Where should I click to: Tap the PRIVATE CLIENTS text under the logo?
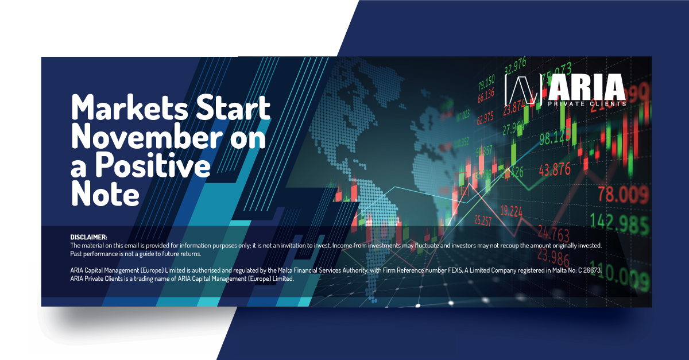pyautogui.click(x=596, y=104)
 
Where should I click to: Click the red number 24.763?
pyautogui.click(x=553, y=234)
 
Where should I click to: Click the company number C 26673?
pyautogui.click(x=585, y=270)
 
